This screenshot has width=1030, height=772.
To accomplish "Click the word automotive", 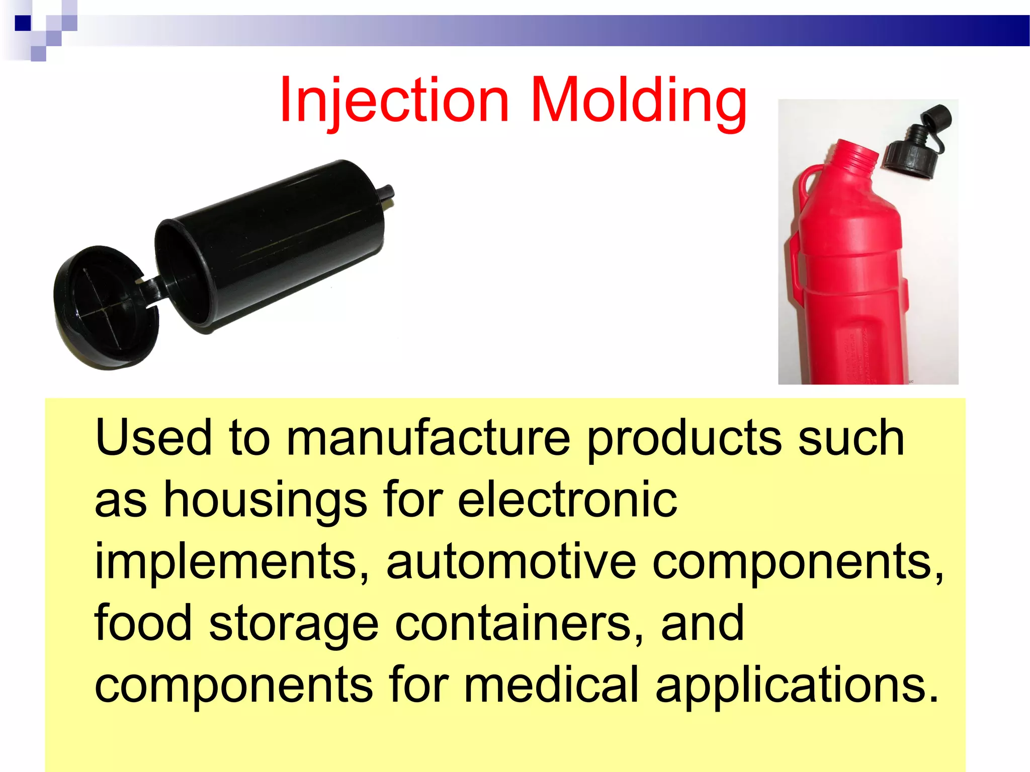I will pos(511,561).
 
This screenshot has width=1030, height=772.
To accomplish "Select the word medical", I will pos(551,685).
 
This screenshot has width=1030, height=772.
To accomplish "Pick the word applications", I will pos(797,685).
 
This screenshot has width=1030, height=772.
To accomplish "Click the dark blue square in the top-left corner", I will pos(23,23).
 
